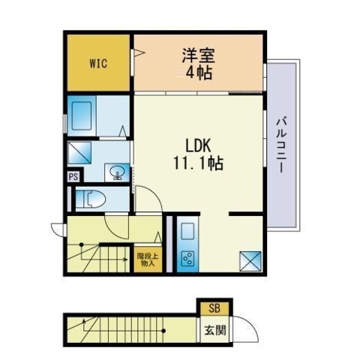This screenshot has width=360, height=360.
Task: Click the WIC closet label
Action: pyautogui.click(x=98, y=64)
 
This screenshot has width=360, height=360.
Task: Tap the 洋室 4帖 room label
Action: pyautogui.click(x=199, y=64)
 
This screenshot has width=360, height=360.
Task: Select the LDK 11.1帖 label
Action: pyautogui.click(x=198, y=154)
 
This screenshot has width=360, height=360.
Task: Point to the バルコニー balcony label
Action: pyautogui.click(x=282, y=145)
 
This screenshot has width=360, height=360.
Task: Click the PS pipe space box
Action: pyautogui.click(x=73, y=177)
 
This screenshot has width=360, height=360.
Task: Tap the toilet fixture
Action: pyautogui.click(x=90, y=199)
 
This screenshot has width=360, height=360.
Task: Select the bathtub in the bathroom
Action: pyautogui.click(x=82, y=115)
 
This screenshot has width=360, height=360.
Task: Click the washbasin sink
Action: pyautogui.click(x=117, y=172)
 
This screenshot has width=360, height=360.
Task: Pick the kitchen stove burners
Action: pyautogui.click(x=187, y=259)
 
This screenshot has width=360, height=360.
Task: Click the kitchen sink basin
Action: pyautogui.click(x=187, y=231)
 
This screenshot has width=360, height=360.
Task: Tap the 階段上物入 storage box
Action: pyautogui.click(x=148, y=259)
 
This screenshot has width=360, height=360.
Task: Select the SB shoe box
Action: pyautogui.click(x=214, y=308)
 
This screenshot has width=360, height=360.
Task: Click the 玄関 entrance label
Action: pyautogui.click(x=215, y=330)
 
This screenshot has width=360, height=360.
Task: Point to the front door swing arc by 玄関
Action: pyautogui.click(x=251, y=325)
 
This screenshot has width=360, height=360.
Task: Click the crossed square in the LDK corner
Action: pyautogui.click(x=250, y=261)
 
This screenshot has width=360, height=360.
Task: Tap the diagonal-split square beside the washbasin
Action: pyautogui.click(x=79, y=153)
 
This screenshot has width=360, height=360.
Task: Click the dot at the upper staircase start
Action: pyautogui.click(x=81, y=244)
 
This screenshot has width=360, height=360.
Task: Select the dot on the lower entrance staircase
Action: pyautogui.click(x=163, y=331)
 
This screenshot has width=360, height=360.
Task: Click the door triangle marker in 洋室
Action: pyautogui.click(x=139, y=52)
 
